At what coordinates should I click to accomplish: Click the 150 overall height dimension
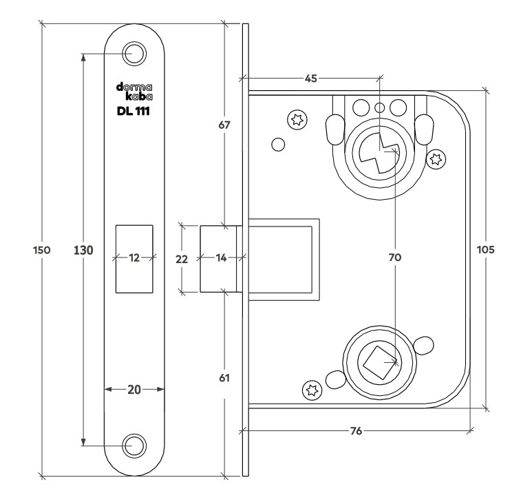41,251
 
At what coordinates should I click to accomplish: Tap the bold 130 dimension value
83,251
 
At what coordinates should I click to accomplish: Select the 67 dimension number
224,125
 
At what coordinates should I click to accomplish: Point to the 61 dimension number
224,378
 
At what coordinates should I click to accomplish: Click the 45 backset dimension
311,78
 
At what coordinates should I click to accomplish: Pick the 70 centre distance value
394,258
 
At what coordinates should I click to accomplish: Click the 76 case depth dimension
357,431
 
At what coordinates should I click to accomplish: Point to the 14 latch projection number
220,258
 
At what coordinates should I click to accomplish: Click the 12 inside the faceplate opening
134,258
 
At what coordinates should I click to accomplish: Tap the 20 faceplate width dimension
134,389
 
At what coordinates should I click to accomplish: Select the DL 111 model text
134,110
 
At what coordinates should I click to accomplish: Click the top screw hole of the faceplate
134,53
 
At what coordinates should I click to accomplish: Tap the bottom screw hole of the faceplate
134,446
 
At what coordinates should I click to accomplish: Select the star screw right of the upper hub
435,160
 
